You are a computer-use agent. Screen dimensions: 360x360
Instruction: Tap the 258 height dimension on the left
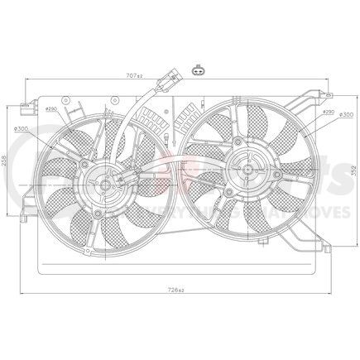[x=7, y=165]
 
